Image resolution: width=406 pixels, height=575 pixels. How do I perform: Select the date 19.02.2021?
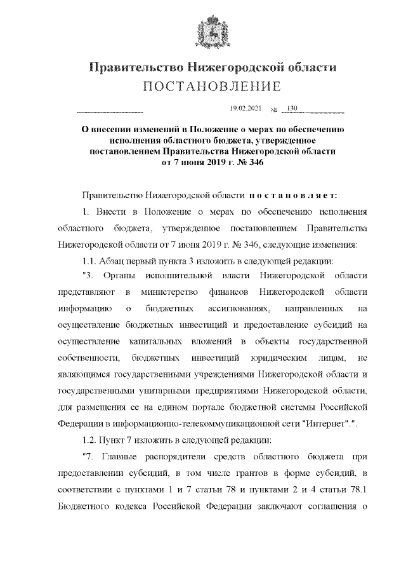point(245,109)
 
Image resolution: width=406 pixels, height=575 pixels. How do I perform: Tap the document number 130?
point(292,109)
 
